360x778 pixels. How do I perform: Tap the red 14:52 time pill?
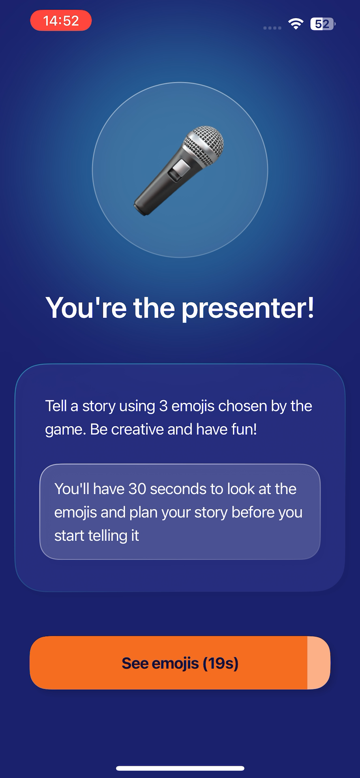(61, 21)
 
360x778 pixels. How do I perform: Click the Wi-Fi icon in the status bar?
(296, 24)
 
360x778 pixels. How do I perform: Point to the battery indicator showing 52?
(323, 24)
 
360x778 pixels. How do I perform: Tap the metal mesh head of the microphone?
(204, 145)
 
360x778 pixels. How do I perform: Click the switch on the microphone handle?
(179, 170)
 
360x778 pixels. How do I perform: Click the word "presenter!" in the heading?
(248, 308)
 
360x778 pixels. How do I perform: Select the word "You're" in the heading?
(86, 308)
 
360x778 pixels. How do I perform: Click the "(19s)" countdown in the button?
(221, 663)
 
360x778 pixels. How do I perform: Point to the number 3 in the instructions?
(163, 406)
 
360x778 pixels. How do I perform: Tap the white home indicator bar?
(180, 768)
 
